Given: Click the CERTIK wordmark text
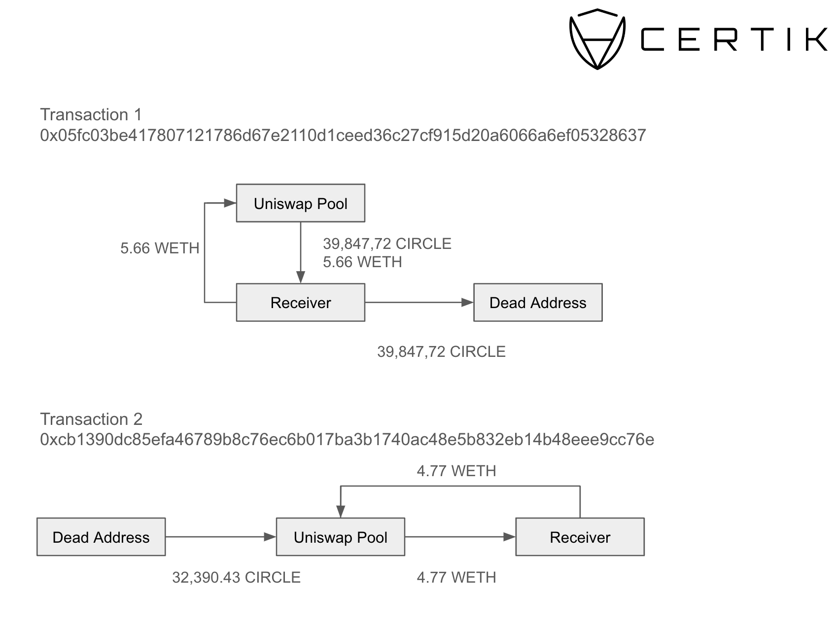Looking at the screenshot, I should (x=733, y=39).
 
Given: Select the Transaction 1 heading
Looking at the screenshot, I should (x=91, y=114).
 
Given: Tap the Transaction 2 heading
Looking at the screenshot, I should (x=91, y=419).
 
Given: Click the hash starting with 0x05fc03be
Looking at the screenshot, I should (x=343, y=135).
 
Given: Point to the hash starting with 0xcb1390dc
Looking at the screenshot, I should (x=347, y=439).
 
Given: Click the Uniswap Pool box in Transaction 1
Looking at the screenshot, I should (x=300, y=203).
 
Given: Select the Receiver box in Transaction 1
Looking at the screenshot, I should (x=300, y=302).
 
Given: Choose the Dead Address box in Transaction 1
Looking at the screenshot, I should (x=537, y=302).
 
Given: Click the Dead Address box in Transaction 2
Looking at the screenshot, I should (x=101, y=537).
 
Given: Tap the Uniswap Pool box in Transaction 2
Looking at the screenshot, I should (x=340, y=537).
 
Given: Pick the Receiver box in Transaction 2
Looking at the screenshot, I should (x=580, y=537).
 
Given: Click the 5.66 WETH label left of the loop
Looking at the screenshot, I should (x=160, y=248).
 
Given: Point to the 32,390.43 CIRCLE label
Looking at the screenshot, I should (x=236, y=577).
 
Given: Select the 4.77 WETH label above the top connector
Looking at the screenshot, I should (x=456, y=471).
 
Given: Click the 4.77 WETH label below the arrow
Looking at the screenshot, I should (x=456, y=577).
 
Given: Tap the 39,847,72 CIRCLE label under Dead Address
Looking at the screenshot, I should (x=441, y=351).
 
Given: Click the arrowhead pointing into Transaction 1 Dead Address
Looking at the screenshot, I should (x=467, y=302).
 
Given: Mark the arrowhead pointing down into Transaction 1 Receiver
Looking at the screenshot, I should (x=301, y=277).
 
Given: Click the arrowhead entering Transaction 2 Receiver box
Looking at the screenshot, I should (x=510, y=537).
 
